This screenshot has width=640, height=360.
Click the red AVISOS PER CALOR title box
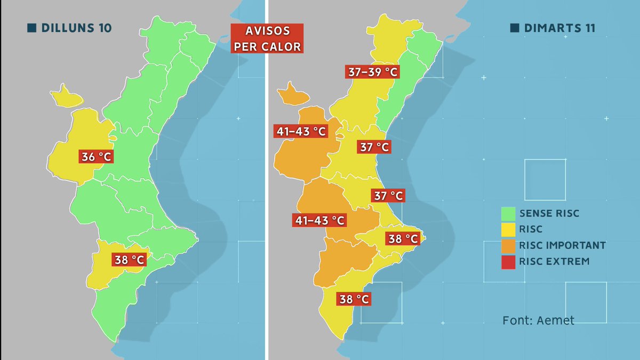point(267,38)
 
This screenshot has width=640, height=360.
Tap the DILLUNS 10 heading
point(76,28)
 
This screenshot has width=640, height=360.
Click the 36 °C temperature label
point(97,157)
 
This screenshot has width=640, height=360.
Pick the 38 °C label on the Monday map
point(129,260)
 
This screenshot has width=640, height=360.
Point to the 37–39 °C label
point(372,72)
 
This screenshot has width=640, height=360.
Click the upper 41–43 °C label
point(301,131)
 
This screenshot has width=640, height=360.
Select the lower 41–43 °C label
point(319,219)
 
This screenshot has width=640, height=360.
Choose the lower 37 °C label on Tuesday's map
point(388,196)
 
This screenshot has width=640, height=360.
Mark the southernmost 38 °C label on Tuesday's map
point(354,299)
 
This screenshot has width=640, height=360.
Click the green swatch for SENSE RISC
point(508,214)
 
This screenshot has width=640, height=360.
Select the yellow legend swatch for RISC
point(508,229)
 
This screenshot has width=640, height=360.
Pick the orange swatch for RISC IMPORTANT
point(508,245)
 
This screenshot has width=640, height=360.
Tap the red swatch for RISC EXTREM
point(508,261)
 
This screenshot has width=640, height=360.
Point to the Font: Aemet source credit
point(538,321)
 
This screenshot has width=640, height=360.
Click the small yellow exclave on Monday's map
point(68,97)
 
